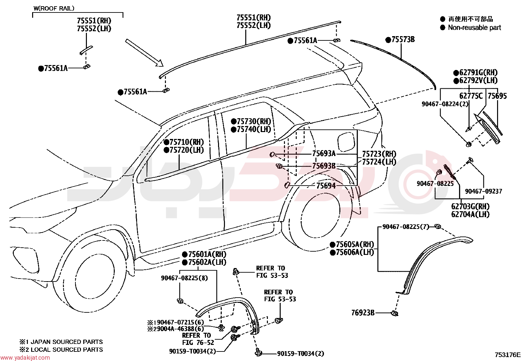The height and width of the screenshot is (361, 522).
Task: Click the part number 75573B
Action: pos(403,39)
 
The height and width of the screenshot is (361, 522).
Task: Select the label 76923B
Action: pos(363,312)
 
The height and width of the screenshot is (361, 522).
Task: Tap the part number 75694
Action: pos(326,186)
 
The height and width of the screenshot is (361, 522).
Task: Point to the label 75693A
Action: pos(324,153)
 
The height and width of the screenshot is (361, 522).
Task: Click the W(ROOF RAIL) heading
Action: pos(54,9)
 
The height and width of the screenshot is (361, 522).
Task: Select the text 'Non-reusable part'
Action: pos(474,28)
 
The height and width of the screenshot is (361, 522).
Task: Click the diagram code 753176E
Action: pos(508,355)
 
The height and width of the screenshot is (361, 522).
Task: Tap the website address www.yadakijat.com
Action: pos(25,357)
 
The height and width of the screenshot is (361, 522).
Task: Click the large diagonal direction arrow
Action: pos(144,53)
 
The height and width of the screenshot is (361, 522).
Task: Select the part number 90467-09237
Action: pos(484,191)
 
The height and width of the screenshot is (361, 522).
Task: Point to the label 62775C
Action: pos(471,96)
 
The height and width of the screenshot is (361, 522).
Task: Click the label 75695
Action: pos(497,96)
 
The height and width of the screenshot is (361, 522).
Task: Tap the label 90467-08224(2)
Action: pos(445,104)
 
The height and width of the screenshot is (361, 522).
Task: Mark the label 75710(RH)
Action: pos(187,142)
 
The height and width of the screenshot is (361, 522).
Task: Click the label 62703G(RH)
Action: pos(470,206)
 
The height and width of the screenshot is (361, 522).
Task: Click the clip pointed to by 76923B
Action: pos(394,313)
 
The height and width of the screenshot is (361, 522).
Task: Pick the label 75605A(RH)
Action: pos(355,244)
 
